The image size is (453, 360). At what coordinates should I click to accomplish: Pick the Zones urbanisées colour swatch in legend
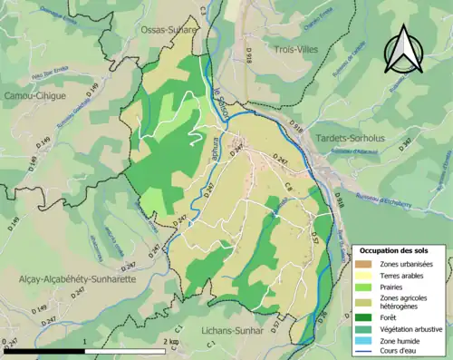tap(364, 263)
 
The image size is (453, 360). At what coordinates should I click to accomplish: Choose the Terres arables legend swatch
tap(364, 275)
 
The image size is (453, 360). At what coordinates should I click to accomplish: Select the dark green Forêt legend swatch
tap(364, 317)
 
